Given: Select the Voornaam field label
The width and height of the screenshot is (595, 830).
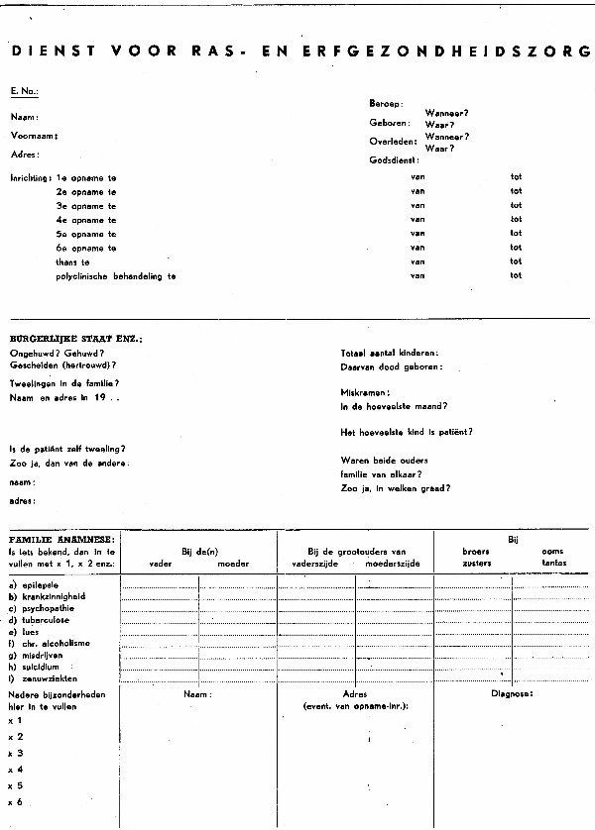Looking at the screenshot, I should (x=35, y=135).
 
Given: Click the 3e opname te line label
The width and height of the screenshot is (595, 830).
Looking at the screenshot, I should (x=86, y=205).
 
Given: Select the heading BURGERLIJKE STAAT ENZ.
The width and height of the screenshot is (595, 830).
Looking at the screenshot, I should (x=75, y=339).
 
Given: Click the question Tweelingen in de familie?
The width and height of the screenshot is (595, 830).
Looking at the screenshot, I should (x=63, y=382).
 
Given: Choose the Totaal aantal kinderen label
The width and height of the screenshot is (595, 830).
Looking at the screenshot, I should (x=390, y=353).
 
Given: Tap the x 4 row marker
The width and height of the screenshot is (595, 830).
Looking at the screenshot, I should (x=16, y=769).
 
